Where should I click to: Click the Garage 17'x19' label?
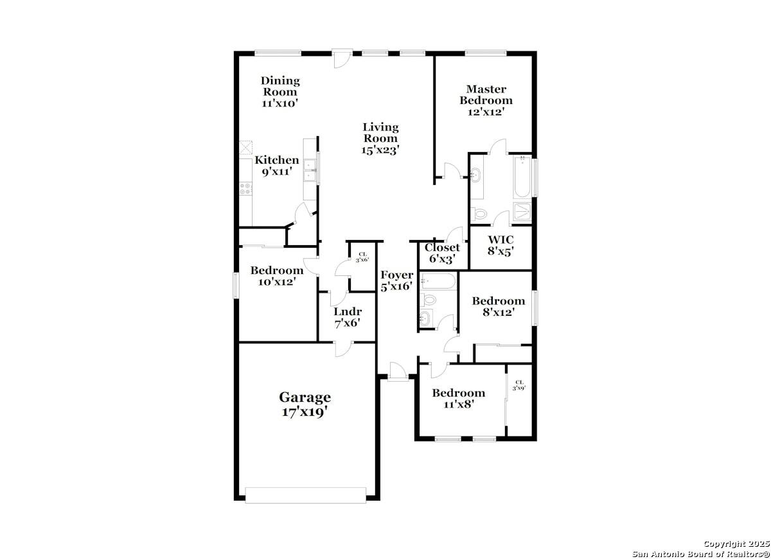305,404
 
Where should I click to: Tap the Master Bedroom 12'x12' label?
486,100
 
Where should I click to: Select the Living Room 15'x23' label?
380,139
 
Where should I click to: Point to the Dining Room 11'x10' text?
280,92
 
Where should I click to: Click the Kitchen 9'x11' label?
277,166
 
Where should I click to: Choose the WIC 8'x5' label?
501,245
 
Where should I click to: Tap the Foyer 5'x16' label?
396,280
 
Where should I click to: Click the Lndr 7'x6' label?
348,317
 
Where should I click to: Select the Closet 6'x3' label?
442,253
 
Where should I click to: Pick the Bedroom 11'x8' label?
459,399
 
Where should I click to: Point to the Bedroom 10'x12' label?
277,276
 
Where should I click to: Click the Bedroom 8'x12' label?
499,307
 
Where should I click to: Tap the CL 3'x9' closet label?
519,385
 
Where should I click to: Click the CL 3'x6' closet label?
362,257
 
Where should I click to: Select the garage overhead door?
305,495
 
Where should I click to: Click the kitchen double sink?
310,170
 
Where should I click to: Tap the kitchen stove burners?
245,189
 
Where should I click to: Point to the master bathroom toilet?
479,214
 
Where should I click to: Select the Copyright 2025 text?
736,544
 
